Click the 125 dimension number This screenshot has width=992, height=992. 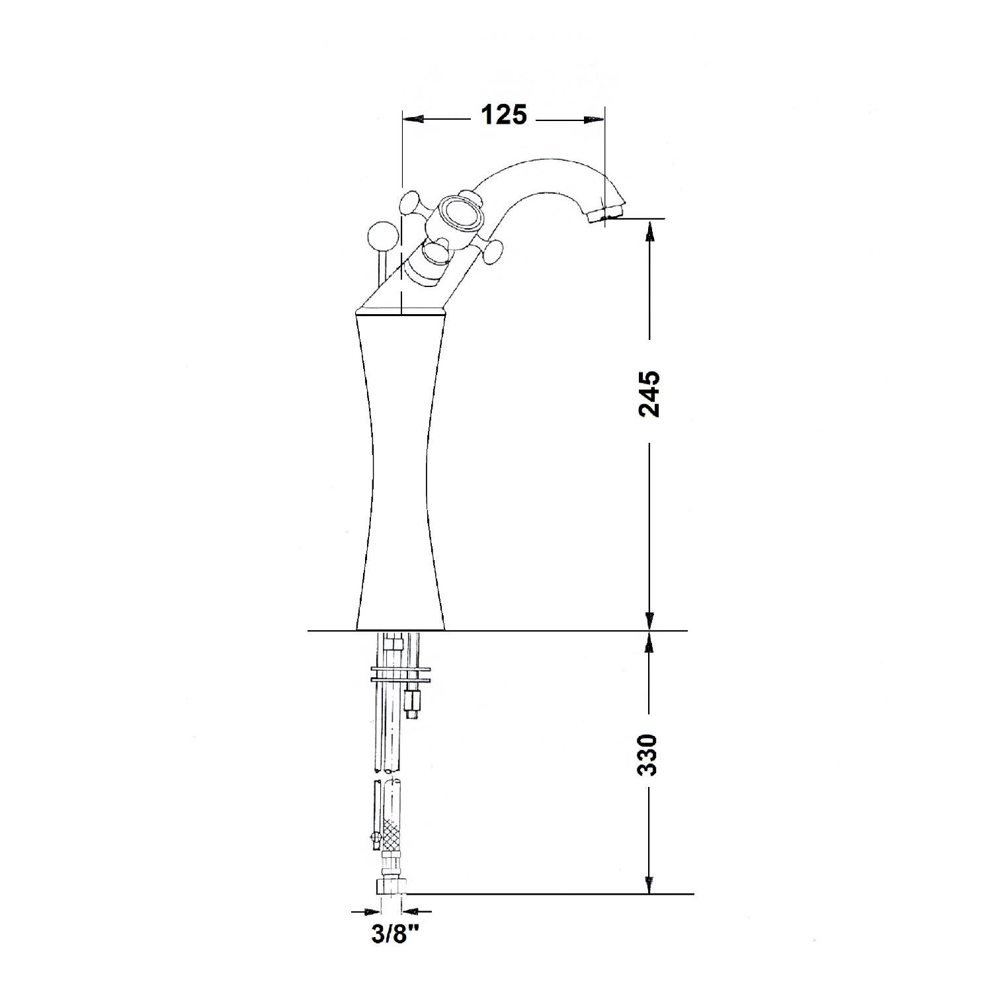pyautogui.click(x=504, y=115)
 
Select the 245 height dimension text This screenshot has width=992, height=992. pyautogui.click(x=649, y=393)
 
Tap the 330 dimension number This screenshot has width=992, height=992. pyautogui.click(x=649, y=755)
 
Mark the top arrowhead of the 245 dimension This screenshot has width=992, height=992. pyautogui.click(x=650, y=231)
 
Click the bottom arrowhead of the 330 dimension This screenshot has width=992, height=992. pyautogui.click(x=650, y=883)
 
